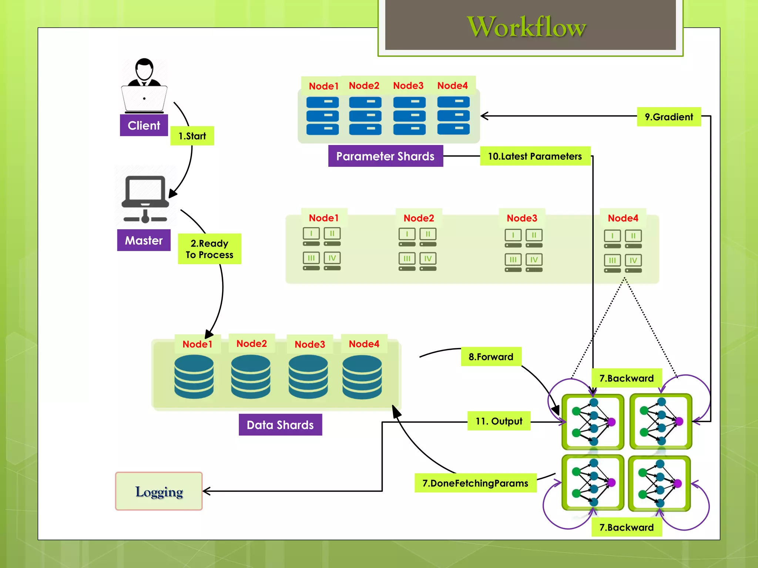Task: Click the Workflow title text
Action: click(x=526, y=27)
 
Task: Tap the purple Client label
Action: click(x=144, y=125)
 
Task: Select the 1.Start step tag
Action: click(x=192, y=136)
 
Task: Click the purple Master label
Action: click(x=144, y=240)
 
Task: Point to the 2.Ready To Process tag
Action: click(x=209, y=249)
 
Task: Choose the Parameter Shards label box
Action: click(x=385, y=156)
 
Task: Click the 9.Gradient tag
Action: click(x=668, y=117)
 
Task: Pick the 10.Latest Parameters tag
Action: click(x=535, y=156)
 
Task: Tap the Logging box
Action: click(x=159, y=491)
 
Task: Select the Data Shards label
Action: click(x=280, y=425)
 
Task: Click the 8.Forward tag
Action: click(x=491, y=356)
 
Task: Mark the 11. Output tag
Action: click(x=499, y=421)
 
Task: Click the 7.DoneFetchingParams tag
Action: click(x=475, y=483)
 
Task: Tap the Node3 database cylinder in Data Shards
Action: click(x=308, y=377)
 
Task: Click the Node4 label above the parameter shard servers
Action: click(x=452, y=85)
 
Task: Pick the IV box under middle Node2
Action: click(x=428, y=258)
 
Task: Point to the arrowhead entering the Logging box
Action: click(x=206, y=491)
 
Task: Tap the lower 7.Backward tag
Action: click(x=626, y=527)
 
